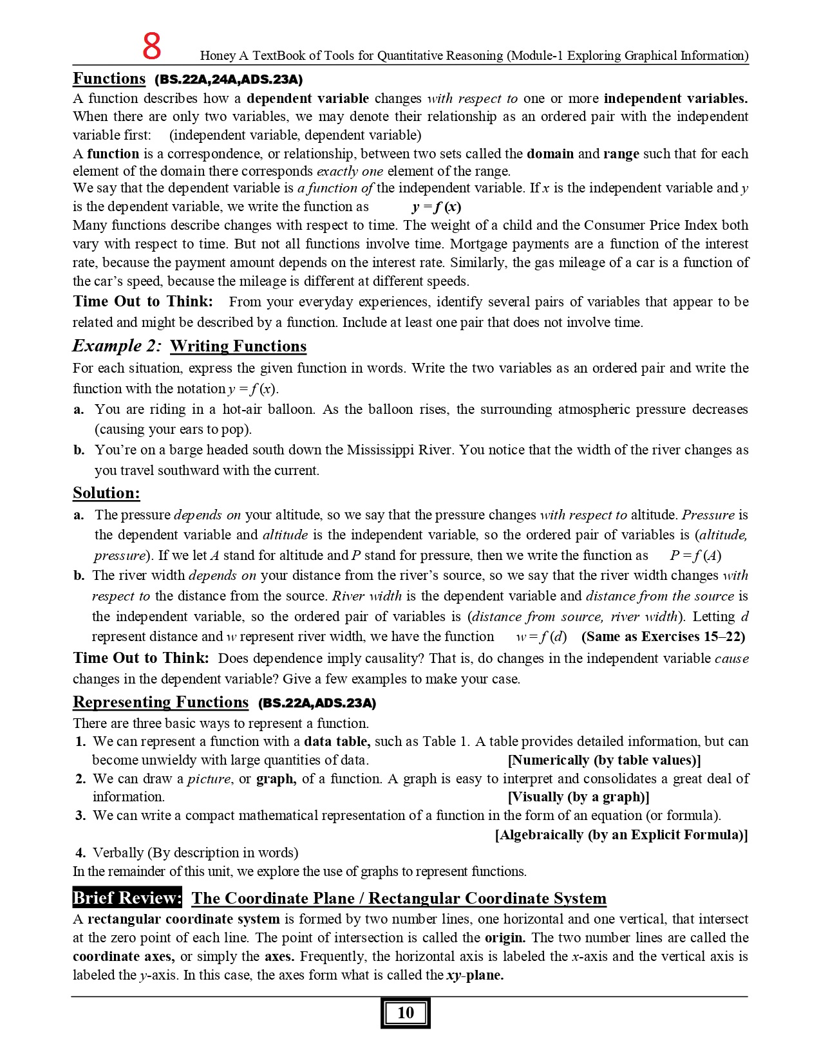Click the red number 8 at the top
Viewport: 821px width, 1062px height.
[x=152, y=46]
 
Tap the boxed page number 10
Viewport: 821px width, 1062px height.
[x=405, y=1012]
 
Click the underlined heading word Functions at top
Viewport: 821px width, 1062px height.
[x=109, y=79]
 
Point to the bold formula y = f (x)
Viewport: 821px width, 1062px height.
[x=436, y=207]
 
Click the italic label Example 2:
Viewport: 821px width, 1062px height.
[x=117, y=346]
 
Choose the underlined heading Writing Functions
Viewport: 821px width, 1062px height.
[x=238, y=346]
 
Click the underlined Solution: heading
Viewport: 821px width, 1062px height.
[x=106, y=493]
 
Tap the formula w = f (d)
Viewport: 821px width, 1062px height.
[x=541, y=637]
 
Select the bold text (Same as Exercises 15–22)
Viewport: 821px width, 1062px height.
[x=663, y=637]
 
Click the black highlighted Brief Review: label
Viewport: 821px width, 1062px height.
[x=127, y=898]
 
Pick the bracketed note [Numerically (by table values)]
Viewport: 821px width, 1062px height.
[x=604, y=760]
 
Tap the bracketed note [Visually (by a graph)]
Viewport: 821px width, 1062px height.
[x=578, y=797]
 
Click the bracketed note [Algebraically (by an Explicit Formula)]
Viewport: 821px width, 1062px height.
[x=621, y=835]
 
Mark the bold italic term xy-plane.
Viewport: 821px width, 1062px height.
[x=475, y=975]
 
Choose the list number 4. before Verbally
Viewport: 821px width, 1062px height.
[x=80, y=853]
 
